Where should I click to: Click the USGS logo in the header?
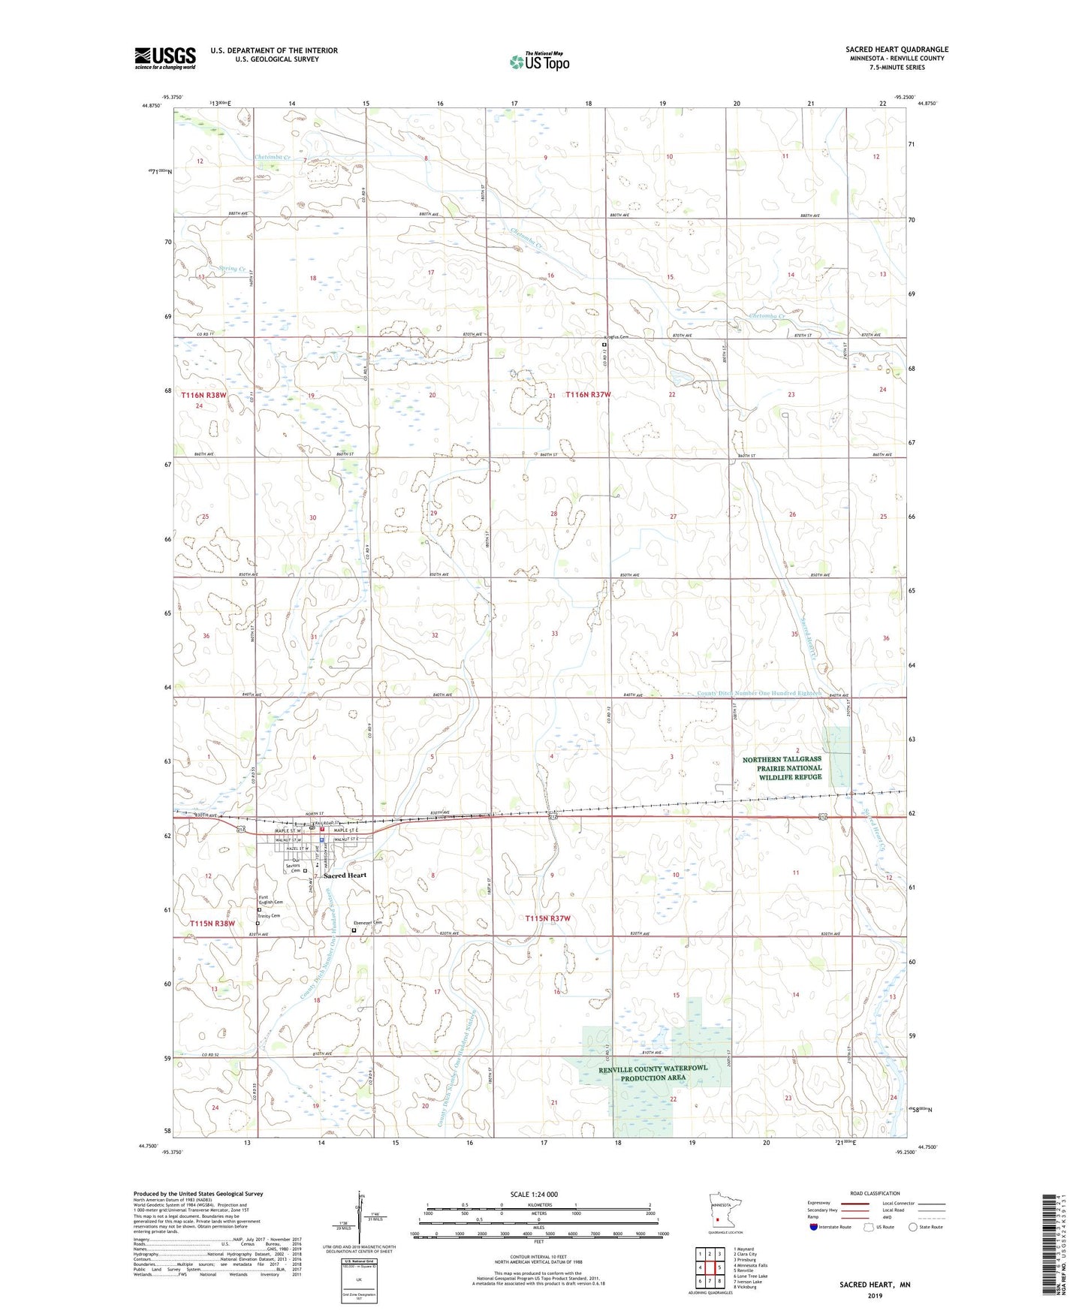coord(164,58)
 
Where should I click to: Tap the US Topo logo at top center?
coord(538,62)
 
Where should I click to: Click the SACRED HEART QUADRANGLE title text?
coord(897,50)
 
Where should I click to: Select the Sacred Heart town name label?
coord(345,876)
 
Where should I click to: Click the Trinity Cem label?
coord(268,916)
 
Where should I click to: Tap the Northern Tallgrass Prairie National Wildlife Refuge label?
coord(782,768)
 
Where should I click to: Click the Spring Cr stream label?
coord(231,268)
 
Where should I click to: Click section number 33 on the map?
coord(554,634)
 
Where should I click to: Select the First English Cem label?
coord(271,900)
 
